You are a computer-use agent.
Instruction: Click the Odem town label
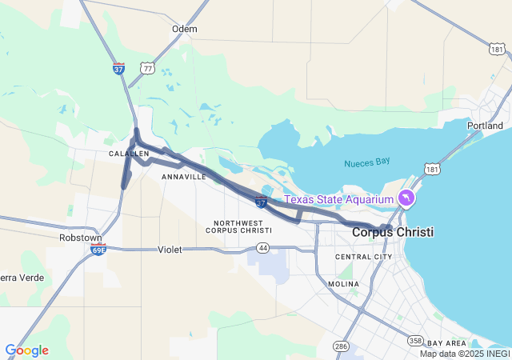184,29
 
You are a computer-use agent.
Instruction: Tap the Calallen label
129,154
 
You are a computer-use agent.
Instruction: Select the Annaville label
183,176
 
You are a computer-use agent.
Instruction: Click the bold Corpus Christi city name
393,232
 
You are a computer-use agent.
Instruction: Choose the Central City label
363,257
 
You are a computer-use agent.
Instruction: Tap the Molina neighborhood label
343,284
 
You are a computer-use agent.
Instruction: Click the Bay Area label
446,343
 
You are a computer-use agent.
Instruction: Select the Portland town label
485,126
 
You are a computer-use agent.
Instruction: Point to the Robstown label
80,238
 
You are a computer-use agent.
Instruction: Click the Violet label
170,250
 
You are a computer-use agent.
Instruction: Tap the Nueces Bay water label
367,162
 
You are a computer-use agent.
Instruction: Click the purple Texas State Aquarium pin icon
407,198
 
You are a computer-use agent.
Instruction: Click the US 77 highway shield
147,70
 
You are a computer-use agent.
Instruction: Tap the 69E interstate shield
98,250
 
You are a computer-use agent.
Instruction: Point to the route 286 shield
342,346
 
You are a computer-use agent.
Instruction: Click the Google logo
26,350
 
